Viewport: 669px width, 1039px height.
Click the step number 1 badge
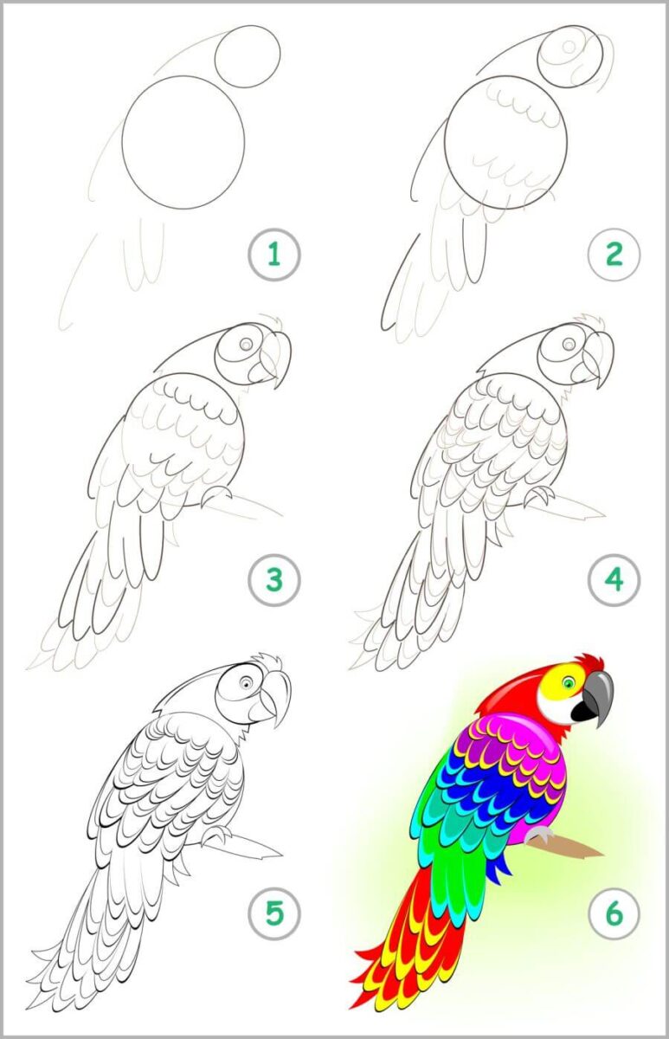coord(274,255)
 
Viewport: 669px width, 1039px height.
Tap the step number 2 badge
coord(614,255)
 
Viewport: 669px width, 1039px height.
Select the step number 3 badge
coord(274,580)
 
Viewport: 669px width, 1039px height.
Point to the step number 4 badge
coord(614,580)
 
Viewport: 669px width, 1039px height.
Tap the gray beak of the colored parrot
coord(601,696)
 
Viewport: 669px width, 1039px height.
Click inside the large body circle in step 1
coord(183,142)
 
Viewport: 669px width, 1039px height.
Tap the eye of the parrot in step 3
coord(246,344)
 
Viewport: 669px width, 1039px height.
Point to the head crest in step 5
coord(267,661)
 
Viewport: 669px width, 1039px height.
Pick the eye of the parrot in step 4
coord(569,344)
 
